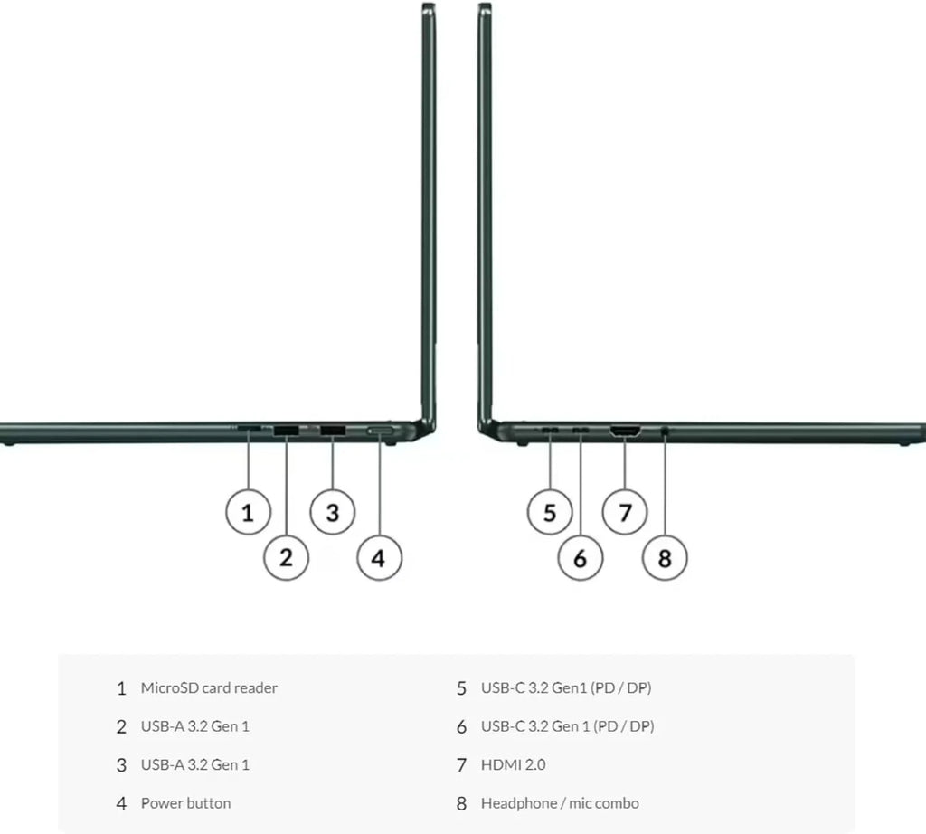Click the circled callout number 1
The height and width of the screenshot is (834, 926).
coord(248,512)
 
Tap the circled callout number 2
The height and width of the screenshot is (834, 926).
coord(287,557)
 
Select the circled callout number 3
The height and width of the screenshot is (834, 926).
coord(333,512)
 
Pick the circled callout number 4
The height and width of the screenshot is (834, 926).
coord(379,557)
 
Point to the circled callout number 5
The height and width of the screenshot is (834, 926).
coord(550,512)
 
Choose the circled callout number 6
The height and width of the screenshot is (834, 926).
coord(581,557)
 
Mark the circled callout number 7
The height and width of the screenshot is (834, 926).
coord(625,512)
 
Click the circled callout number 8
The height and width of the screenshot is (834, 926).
coord(665,557)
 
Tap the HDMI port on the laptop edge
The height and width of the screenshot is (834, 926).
coord(626,431)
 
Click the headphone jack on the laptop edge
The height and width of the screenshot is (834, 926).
coord(666,431)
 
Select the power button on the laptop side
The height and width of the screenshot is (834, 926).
coord(380,431)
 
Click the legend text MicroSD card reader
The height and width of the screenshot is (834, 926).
coord(209,688)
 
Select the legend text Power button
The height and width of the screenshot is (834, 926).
coord(185,803)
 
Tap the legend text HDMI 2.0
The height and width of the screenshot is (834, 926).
coord(514,765)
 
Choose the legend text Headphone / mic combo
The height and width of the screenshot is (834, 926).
coord(560,803)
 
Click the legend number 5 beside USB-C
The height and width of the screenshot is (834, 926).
coord(461,688)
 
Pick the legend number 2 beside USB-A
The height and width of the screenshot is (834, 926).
coord(121,727)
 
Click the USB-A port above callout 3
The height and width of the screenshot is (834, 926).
coord(333,430)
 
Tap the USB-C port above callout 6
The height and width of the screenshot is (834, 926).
coord(581,430)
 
